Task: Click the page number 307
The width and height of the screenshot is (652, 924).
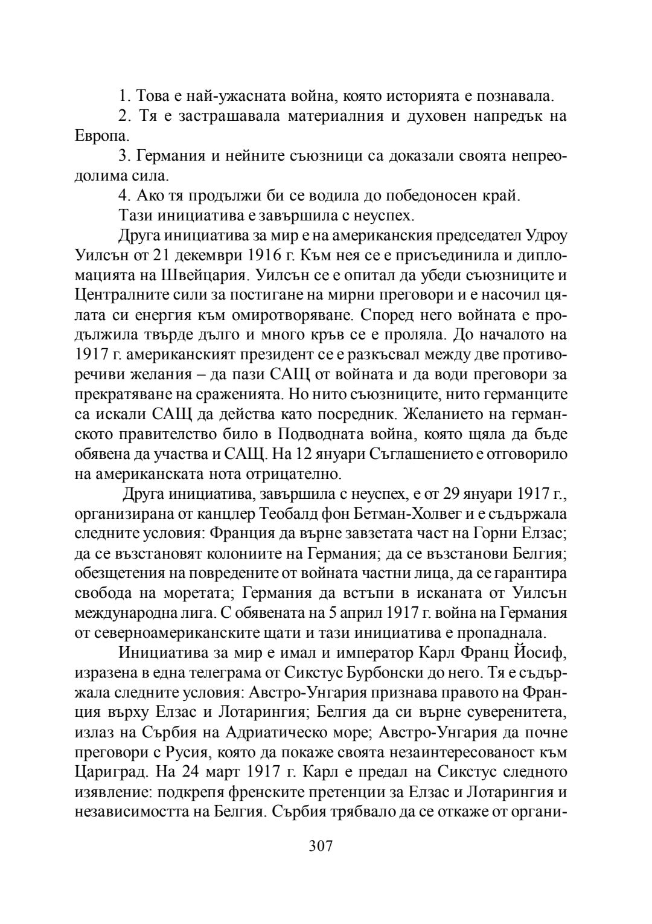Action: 321,845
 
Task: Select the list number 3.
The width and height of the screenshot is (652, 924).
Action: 124,156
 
